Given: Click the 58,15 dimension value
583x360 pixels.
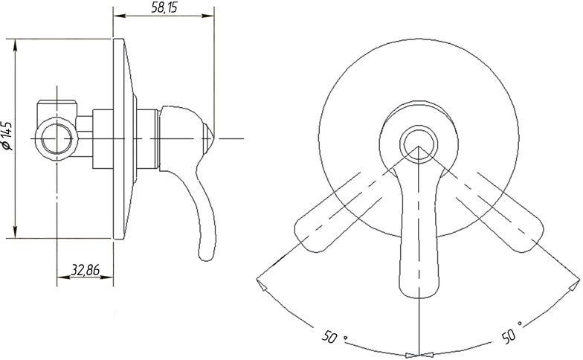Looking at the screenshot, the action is pos(164,7).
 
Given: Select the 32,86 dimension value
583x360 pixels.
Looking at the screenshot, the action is pos(86,269).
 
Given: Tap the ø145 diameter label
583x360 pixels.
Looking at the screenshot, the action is pos(7,135).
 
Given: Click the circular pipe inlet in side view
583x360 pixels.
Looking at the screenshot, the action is pos(57,138).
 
